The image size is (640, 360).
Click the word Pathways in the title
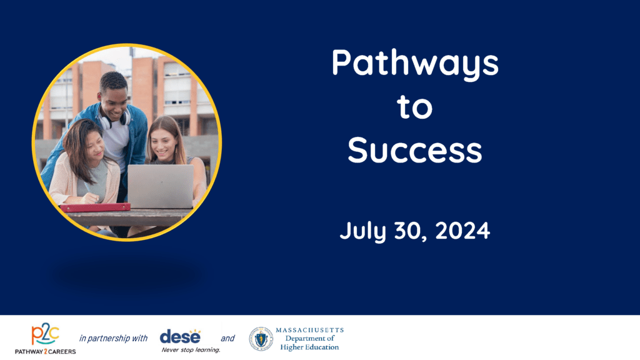[x=415, y=64]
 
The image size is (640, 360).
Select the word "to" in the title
[x=415, y=107]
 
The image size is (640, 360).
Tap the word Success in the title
[x=415, y=150]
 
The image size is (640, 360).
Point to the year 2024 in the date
[x=462, y=231]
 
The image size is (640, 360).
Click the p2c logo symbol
[x=45, y=334]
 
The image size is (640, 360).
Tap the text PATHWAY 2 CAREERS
[x=45, y=351]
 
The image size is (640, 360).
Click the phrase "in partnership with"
[x=113, y=338]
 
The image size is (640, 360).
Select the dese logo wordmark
[x=181, y=337]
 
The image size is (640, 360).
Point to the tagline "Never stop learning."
[x=191, y=350]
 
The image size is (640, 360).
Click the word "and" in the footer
[x=227, y=338]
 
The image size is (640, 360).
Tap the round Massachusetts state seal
[x=261, y=339]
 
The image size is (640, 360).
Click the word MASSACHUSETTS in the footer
[x=310, y=330]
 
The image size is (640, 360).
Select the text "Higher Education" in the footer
[x=309, y=347]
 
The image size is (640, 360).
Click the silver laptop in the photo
[x=161, y=186]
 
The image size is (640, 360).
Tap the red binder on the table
[x=95, y=207]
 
